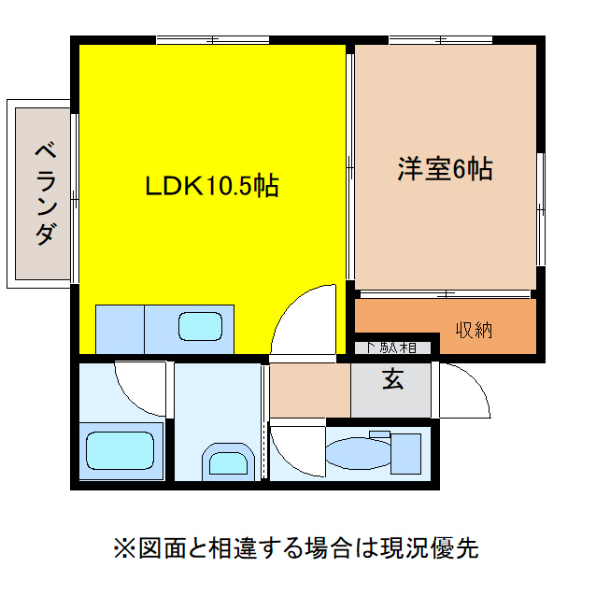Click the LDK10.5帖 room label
[x=212, y=186]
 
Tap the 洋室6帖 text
[x=445, y=169]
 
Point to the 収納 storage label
[x=474, y=330]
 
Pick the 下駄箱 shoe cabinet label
[x=391, y=348]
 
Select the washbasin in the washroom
[x=227, y=462]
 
